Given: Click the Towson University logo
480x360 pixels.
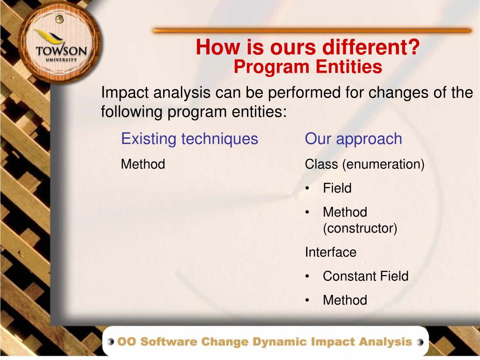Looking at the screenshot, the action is click(60, 42).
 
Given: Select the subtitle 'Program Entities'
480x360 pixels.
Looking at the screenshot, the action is click(307, 67).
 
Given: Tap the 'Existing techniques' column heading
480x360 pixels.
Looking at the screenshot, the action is click(189, 139).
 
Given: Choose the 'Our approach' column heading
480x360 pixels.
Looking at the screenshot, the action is click(353, 139).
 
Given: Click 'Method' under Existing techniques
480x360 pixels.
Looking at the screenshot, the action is click(143, 164).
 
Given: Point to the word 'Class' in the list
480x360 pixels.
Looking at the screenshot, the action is click(322, 164).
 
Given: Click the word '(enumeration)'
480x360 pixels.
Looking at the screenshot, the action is click(383, 165).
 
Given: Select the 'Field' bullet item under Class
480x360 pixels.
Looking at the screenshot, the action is click(337, 188).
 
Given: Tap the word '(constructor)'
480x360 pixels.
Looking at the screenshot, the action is click(360, 228).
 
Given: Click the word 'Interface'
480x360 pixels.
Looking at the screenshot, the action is click(330, 252).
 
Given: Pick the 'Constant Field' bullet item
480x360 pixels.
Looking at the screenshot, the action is click(366, 276).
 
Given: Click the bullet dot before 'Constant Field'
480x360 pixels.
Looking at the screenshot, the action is click(307, 277).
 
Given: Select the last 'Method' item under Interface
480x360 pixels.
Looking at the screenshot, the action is click(345, 300).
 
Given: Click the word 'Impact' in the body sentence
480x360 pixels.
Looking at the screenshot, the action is click(125, 92).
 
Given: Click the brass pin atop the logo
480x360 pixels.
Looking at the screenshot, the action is click(59, 19).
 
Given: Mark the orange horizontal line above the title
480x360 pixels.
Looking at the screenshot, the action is click(312, 30).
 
